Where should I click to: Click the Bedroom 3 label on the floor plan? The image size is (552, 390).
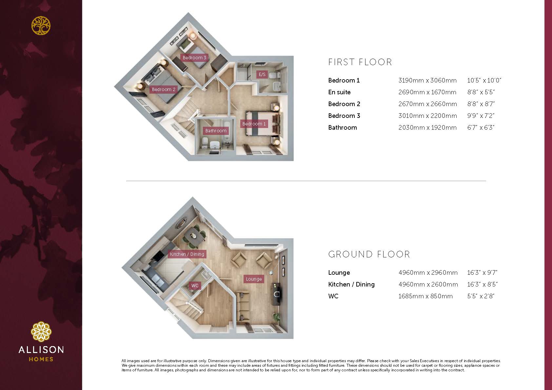194,58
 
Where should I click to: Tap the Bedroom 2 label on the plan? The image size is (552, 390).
163,89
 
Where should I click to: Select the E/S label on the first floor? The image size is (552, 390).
262,74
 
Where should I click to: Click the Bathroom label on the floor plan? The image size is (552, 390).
216,131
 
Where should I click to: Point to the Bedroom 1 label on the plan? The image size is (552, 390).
254,124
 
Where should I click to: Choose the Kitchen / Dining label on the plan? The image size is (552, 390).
187,254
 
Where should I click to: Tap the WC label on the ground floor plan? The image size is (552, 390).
195,286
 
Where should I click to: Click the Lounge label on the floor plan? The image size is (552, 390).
254,279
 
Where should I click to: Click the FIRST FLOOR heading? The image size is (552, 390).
360,62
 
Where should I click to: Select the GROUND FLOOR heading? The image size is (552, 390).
369,254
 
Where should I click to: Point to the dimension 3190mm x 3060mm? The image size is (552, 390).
427,81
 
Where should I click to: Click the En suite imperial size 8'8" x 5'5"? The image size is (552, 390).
481,92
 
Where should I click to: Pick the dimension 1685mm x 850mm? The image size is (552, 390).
425,296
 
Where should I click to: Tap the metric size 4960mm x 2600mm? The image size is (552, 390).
428,284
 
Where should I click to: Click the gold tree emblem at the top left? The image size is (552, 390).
41,25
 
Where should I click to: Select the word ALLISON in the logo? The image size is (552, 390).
41,350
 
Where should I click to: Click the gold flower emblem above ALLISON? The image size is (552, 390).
41,332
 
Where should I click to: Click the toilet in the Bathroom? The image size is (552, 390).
205,143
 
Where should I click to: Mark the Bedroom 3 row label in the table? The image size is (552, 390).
344,116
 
